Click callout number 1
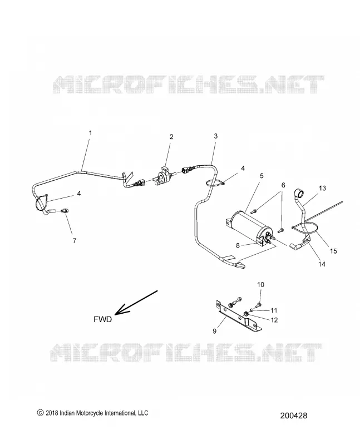(x=90, y=133)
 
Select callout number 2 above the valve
(x=171, y=137)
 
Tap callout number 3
(x=215, y=136)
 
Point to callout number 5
(x=262, y=176)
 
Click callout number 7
(x=75, y=241)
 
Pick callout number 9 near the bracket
(x=215, y=331)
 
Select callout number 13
(x=322, y=188)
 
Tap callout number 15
(x=333, y=251)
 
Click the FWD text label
(x=102, y=319)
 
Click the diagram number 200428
(x=294, y=416)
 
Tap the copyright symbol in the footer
(x=40, y=413)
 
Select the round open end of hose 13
(x=299, y=194)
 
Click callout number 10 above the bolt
(x=260, y=285)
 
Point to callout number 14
(x=322, y=264)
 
